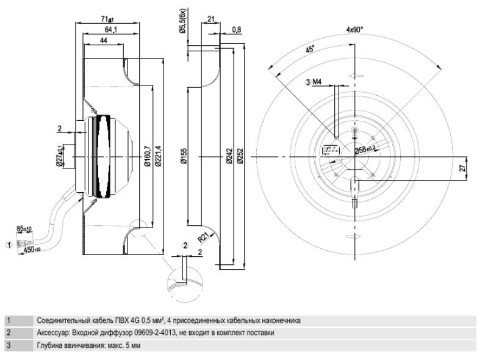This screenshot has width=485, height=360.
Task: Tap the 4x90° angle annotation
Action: click(x=355, y=29)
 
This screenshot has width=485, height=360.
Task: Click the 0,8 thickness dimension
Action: click(x=236, y=29)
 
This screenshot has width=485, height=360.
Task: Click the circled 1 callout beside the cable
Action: click(x=8, y=244)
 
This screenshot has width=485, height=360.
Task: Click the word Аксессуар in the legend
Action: click(x=54, y=333)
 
